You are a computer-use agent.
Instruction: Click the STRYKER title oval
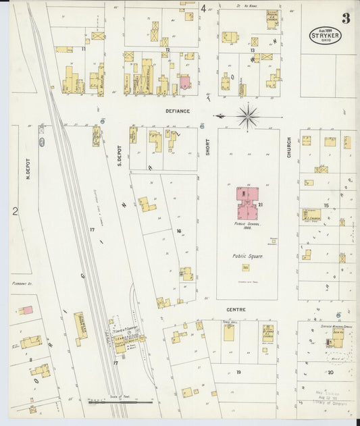coord(326,35)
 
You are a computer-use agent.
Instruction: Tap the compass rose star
coord(248,117)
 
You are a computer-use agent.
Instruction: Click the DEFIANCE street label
coord(178,111)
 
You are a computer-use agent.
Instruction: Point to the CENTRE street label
coord(236,309)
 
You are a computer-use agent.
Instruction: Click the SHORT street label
coord(207,147)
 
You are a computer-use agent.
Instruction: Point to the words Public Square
coord(247,256)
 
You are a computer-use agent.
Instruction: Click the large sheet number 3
coord(345,18)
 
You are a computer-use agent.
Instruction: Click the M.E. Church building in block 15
coord(311,215)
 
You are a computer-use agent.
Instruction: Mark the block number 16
coord(179,232)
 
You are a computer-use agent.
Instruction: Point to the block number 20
coord(330,372)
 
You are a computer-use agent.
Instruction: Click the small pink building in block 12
coord(184,83)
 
